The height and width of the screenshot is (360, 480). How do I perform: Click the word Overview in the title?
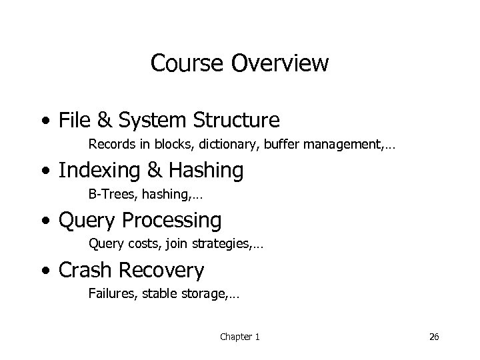pos(282,63)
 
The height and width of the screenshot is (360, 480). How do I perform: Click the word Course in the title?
pos(190,63)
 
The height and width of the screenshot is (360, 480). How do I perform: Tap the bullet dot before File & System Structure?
pos(44,121)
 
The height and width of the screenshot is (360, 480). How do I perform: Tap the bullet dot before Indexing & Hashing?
pos(44,171)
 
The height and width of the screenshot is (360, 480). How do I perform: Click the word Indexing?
pos(96,171)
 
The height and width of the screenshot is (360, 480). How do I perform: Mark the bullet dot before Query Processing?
pos(44,221)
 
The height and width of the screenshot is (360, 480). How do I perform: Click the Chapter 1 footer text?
pos(240,337)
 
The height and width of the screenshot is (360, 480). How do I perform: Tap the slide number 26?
pos(434,337)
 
